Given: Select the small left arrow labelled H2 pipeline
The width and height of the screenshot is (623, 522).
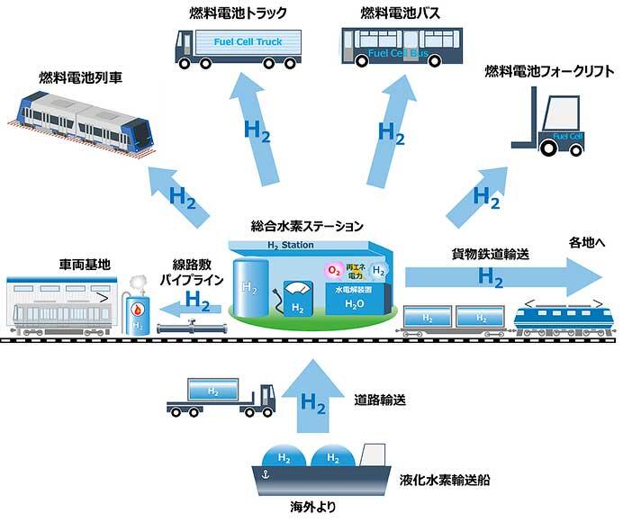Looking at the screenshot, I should tap(191, 309).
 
